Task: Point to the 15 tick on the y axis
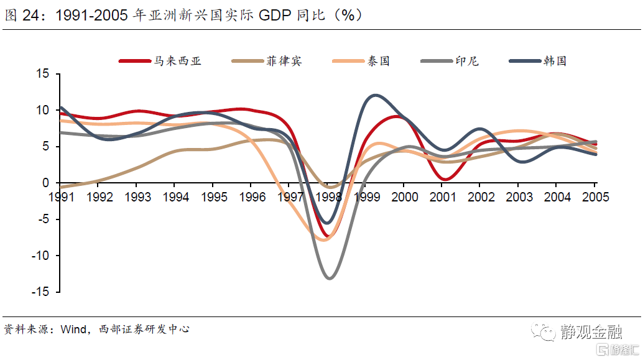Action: [x=42, y=74]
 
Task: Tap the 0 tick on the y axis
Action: [x=45, y=183]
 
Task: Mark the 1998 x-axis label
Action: [x=328, y=196]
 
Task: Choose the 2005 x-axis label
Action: [x=594, y=196]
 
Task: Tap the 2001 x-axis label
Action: [x=442, y=196]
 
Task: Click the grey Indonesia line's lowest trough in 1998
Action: [x=329, y=278]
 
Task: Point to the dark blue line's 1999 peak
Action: [x=375, y=95]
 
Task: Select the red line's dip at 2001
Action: [x=444, y=179]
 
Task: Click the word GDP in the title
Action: [x=279, y=16]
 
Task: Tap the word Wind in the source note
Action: [x=73, y=329]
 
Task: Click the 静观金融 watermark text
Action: [x=590, y=332]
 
